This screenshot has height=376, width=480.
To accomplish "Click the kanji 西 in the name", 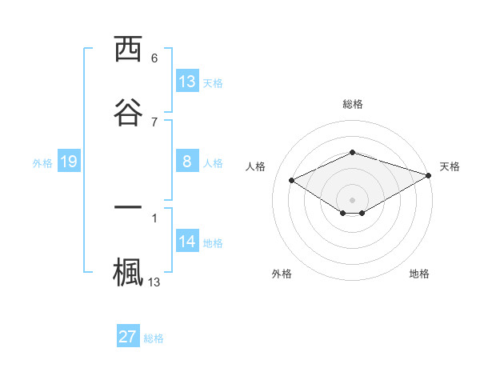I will coord(128,50).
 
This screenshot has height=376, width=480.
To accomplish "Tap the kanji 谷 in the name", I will coord(128,111).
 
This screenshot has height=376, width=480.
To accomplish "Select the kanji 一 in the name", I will coord(128,206).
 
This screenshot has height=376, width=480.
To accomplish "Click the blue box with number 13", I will coord(187,82).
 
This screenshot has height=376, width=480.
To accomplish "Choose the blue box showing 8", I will coord(187,162).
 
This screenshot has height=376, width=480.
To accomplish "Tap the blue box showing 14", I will coord(187,242).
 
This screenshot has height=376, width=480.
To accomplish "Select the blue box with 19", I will coord(69,162).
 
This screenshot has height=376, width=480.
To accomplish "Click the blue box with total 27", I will coord(128,337).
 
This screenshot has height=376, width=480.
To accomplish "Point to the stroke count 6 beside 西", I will coord(154,58).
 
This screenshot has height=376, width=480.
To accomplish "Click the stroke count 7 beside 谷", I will coord(154,122).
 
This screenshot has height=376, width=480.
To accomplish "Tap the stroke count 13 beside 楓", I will coord(154,282).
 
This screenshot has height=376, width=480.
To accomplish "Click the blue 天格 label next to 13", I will coord(213,82).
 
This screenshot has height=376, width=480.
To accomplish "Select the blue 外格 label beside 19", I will coord(42,162).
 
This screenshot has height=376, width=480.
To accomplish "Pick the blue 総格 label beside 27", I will coord(154,338).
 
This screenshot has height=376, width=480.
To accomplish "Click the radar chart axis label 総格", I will coord(353,104).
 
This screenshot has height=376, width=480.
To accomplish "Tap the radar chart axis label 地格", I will coord(419,274).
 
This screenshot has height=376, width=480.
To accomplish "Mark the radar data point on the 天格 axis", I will coord(430,176).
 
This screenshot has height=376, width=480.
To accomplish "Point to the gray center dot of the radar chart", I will coord(353,199).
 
